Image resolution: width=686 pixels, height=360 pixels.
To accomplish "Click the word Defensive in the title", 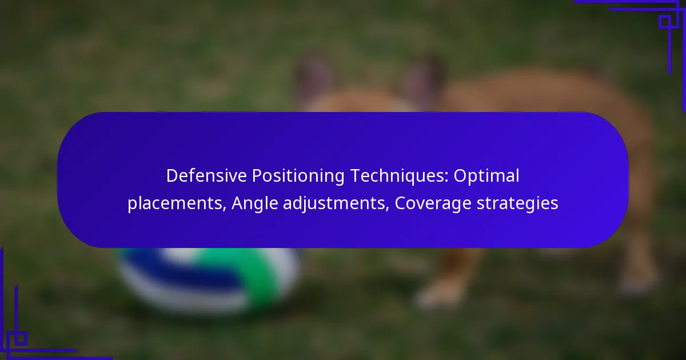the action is (x=206, y=176).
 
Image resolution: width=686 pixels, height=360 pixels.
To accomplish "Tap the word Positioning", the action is (x=298, y=177).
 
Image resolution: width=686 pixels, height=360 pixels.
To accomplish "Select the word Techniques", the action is (x=397, y=177).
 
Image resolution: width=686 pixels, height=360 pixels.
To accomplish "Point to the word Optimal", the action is (x=486, y=177).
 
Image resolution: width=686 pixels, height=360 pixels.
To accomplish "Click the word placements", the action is (x=175, y=203).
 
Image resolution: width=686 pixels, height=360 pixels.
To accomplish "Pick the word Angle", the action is (x=255, y=204).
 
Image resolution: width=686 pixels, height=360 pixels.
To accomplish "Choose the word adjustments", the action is (x=334, y=204).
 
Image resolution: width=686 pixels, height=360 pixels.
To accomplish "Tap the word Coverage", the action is (x=433, y=204).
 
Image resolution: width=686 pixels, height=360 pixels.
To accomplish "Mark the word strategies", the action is (x=517, y=204).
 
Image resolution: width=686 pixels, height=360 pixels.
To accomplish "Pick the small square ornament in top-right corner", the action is (x=665, y=22).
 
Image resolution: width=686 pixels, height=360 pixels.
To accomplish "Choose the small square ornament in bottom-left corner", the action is (x=21, y=338).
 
